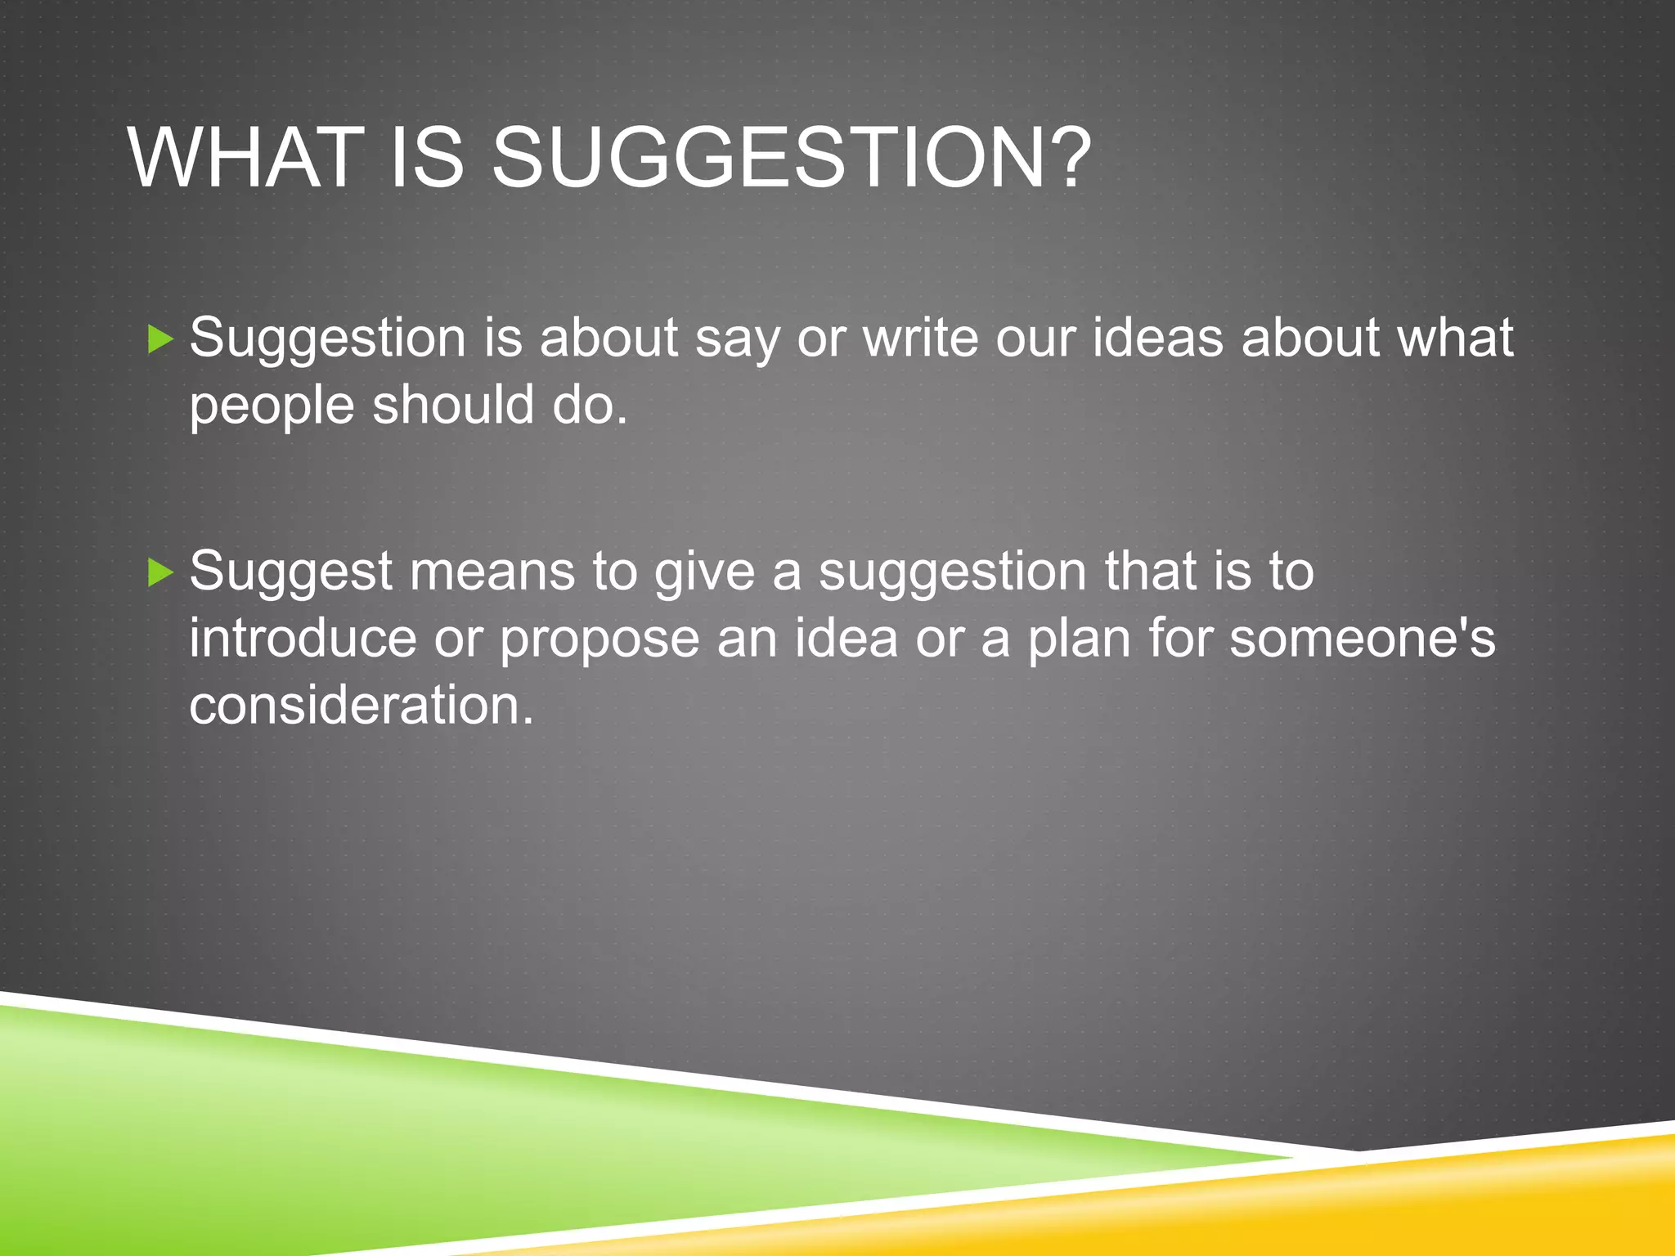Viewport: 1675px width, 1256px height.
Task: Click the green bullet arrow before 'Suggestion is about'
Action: (x=161, y=339)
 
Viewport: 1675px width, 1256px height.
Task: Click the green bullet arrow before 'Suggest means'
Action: (x=161, y=572)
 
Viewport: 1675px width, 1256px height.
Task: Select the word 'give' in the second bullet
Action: (x=704, y=572)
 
